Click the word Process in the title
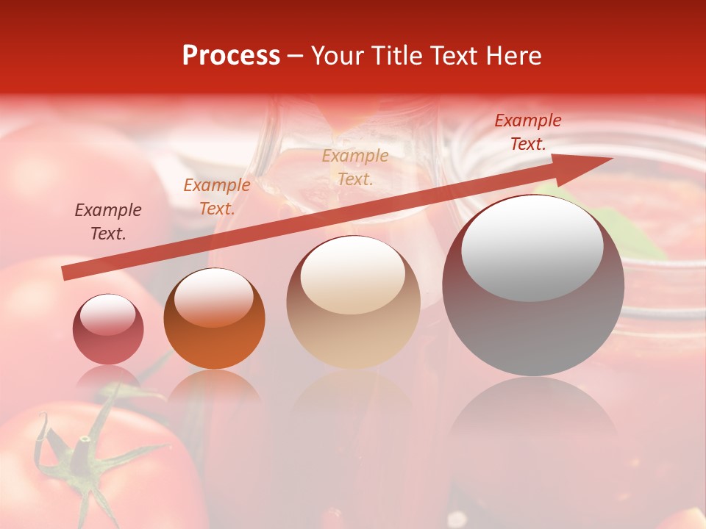[231, 56]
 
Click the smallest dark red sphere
[108, 331]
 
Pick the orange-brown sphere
[214, 320]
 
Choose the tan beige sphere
[353, 303]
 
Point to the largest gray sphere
[533, 287]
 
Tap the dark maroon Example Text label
[108, 222]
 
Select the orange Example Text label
[217, 197]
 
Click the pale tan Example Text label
[355, 167]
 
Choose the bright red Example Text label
[528, 132]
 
